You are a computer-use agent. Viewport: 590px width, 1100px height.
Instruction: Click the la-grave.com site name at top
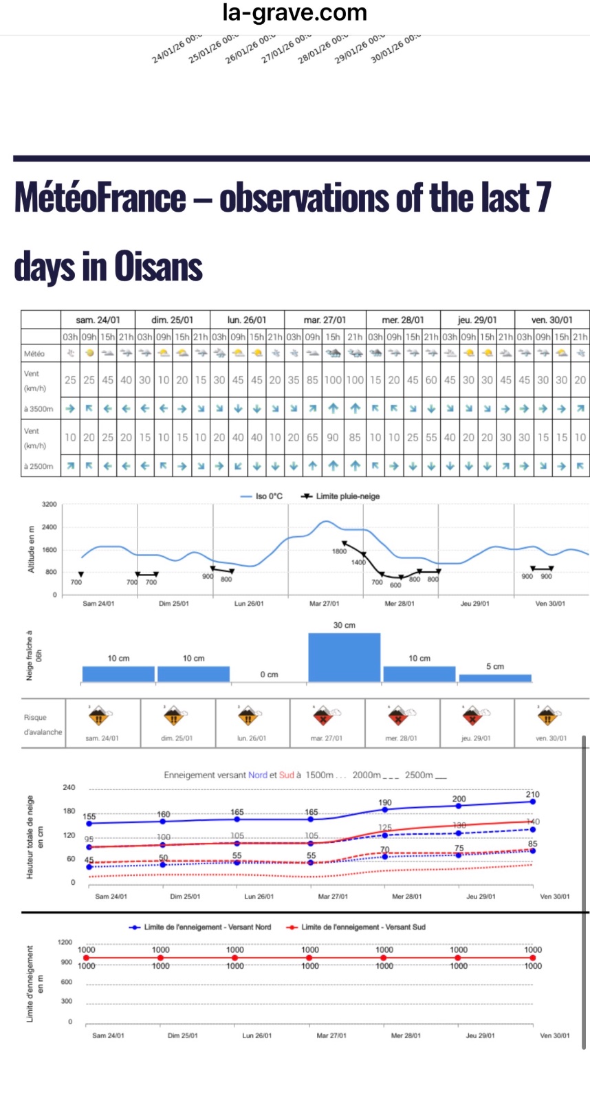[x=294, y=12]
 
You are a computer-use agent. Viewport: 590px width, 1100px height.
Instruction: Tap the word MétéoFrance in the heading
[x=100, y=198]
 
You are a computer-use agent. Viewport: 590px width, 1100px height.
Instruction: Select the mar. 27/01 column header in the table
[x=325, y=320]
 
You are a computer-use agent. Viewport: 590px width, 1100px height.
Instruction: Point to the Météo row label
[x=34, y=353]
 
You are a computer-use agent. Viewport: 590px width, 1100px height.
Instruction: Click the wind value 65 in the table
[x=312, y=437]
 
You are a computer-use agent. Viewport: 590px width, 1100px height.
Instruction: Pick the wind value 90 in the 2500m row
[x=333, y=437]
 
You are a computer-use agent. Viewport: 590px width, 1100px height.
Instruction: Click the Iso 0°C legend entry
[x=261, y=496]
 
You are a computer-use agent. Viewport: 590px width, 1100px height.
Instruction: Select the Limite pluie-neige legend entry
[x=341, y=496]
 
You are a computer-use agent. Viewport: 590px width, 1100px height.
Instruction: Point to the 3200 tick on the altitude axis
[x=50, y=505]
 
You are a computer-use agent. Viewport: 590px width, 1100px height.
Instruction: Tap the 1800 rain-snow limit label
[x=340, y=551]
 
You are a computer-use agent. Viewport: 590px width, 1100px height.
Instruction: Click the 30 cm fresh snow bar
[x=344, y=657]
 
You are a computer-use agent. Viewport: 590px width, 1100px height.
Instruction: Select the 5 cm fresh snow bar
[x=495, y=678]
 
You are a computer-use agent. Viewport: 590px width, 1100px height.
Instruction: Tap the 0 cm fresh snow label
[x=269, y=674]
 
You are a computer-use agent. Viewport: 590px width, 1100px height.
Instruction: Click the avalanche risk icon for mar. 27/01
[x=323, y=716]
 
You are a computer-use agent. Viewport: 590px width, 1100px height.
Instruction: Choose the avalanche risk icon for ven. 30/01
[x=547, y=716]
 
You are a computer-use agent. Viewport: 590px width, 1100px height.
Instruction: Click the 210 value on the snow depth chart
[x=532, y=795]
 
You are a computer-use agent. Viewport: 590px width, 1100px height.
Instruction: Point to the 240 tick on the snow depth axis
[x=69, y=788]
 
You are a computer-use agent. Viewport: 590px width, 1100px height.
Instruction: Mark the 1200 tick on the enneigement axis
[x=65, y=943]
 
